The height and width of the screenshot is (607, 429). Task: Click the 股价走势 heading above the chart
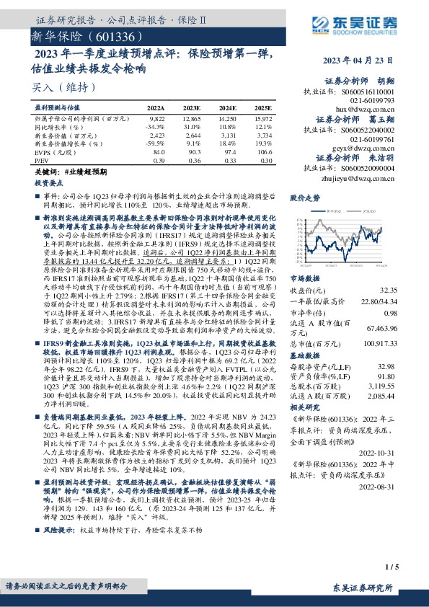coord(304,197)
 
